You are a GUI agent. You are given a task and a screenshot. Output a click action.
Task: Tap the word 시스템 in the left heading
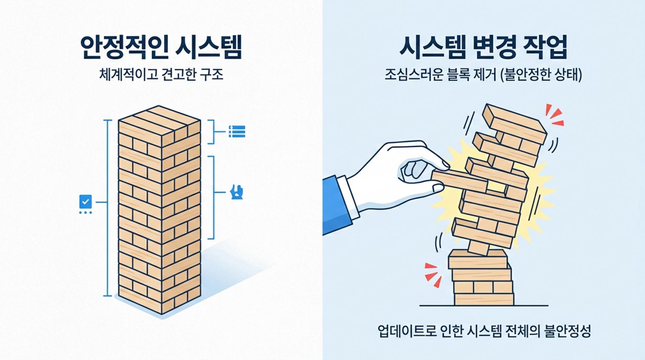point(210,47)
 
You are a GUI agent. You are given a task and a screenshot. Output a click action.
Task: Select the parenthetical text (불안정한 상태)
point(541,75)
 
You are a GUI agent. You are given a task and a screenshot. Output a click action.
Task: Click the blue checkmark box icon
point(85,202)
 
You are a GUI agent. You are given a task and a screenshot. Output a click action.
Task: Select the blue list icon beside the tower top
point(237,131)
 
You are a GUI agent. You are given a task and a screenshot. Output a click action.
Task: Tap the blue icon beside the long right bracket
point(237,192)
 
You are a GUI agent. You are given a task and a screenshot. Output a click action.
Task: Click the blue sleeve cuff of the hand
point(336,205)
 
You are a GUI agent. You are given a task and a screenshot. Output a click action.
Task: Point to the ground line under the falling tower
point(484,305)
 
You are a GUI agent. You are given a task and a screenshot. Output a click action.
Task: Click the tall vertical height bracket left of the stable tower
point(107,208)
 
